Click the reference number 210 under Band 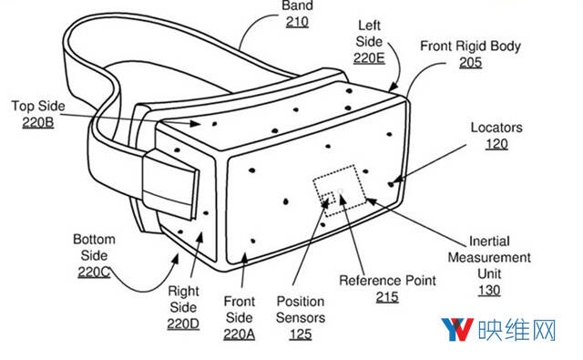click(x=297, y=22)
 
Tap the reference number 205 click(x=470, y=63)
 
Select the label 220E click(x=369, y=58)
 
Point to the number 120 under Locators click(x=496, y=144)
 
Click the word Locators click(x=496, y=128)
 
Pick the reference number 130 click(x=489, y=290)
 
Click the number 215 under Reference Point click(x=387, y=297)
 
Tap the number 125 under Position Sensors click(x=301, y=334)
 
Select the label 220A click(x=239, y=334)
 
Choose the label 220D click(x=183, y=324)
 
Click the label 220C click(x=94, y=272)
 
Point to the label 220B click(x=38, y=122)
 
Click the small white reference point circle click(x=341, y=191)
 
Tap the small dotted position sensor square click(x=328, y=198)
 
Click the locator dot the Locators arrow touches click(x=391, y=184)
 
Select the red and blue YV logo click(x=457, y=330)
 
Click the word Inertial click(x=489, y=241)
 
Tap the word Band click(x=298, y=5)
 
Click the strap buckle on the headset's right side click(x=170, y=185)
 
